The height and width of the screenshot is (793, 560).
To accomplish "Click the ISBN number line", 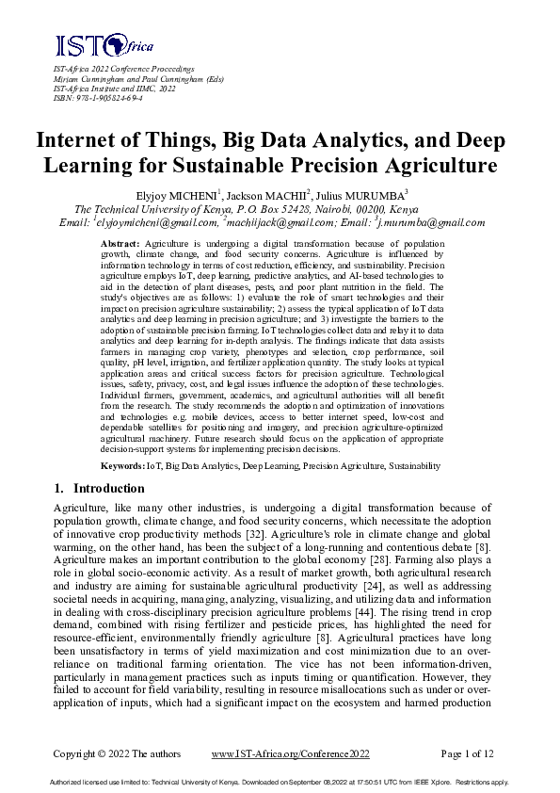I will pos(92,97).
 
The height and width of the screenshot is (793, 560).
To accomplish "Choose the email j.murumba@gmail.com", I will pos(432,223).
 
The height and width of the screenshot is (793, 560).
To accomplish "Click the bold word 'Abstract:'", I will pos(121,244).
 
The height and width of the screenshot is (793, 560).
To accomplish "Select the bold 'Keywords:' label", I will pos(122,465).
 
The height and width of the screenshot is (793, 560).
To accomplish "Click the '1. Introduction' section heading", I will pos(99,489).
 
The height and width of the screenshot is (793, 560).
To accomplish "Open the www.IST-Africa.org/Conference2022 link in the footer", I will pos(291,754).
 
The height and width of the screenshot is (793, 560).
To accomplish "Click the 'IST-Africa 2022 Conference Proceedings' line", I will pos(123,70).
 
